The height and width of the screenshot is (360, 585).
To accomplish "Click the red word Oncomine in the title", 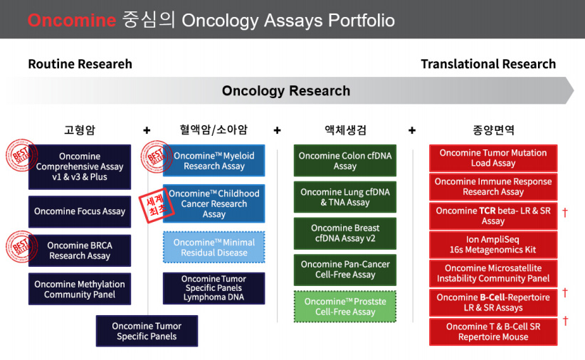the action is (72, 20).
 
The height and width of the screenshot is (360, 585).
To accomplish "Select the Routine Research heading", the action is (80, 64).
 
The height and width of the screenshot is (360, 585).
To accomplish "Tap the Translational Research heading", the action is (488, 64).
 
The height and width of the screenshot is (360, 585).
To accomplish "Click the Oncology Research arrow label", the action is (286, 90).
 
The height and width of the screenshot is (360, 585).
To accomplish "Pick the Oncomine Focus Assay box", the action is (80, 211).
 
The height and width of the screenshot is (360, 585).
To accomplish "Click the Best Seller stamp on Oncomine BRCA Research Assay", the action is (21, 247).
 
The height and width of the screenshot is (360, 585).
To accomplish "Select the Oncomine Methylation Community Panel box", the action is (80, 289).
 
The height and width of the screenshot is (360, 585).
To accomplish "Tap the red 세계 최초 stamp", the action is (157, 206).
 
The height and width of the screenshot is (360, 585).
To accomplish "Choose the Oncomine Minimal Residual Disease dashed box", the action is (214, 248).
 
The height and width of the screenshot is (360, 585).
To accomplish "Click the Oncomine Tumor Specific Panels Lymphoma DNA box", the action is (214, 288).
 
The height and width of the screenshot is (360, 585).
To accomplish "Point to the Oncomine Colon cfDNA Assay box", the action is (345, 160).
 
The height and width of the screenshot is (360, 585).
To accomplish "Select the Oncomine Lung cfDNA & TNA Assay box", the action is (345, 197).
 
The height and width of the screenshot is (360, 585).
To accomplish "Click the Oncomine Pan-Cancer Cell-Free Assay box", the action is (345, 270).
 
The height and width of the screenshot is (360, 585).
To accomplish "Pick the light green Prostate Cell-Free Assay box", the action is (345, 307).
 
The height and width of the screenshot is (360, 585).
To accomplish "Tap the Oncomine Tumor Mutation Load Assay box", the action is (493, 158).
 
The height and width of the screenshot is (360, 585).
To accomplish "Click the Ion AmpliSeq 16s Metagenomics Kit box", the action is (493, 245).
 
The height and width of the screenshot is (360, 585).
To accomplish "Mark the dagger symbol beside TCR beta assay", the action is (565, 212).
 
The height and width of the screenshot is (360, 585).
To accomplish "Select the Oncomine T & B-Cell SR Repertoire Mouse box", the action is (493, 332).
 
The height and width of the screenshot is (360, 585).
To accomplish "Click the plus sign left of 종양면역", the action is (412, 130).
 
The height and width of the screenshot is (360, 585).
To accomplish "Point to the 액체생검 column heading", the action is (345, 129).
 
